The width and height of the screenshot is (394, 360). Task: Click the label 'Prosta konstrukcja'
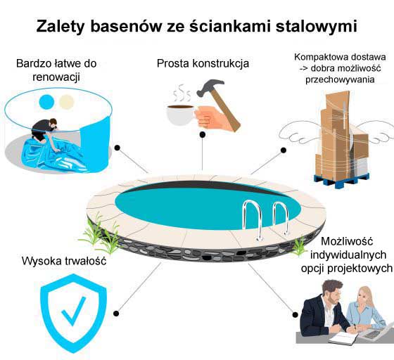point(203,63)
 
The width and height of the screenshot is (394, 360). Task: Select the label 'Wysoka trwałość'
point(64,261)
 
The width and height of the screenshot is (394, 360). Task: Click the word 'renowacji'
point(56,77)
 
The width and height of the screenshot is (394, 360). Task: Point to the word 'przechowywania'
point(340,79)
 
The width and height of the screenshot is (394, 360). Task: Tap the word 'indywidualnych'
point(348,255)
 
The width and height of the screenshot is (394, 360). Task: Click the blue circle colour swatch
point(46,102)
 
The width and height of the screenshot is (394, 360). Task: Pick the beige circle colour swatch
point(66,102)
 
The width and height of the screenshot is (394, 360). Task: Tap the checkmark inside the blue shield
point(74,311)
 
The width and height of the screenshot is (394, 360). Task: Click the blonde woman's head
point(366,297)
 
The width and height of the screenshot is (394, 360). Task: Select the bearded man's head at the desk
point(333,291)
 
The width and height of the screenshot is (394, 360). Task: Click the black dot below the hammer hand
point(203,135)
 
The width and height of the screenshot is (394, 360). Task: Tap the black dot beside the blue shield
point(116,314)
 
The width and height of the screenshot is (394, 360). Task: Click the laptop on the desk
point(377,330)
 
